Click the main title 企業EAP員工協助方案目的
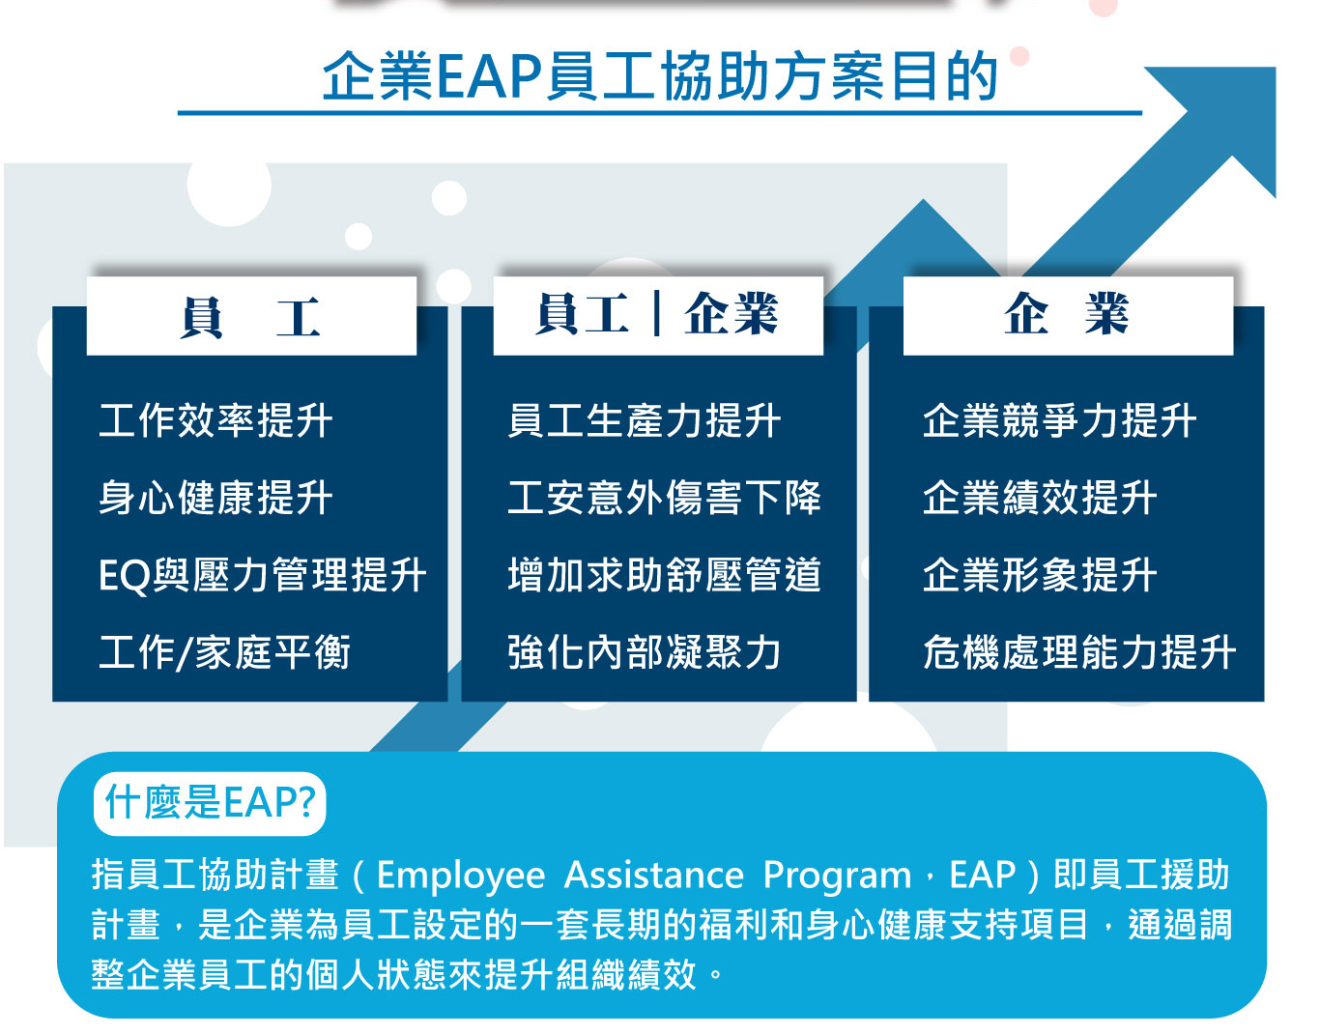point(660,76)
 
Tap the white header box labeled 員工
point(251,316)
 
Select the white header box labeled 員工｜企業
point(658,316)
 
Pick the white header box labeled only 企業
point(1068,316)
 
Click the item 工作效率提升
point(215,420)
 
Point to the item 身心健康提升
point(215,498)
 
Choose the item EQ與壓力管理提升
point(263,575)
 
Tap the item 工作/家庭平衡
point(225,652)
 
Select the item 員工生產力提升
point(644,420)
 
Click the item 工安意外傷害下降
point(664,498)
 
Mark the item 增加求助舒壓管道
point(664,575)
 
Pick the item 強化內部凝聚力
point(644,652)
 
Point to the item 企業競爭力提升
point(1059,420)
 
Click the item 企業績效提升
point(1040,498)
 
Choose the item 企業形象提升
point(1040,575)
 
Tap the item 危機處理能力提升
point(1079,652)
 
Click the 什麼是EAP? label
point(210,803)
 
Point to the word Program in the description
point(837,877)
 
